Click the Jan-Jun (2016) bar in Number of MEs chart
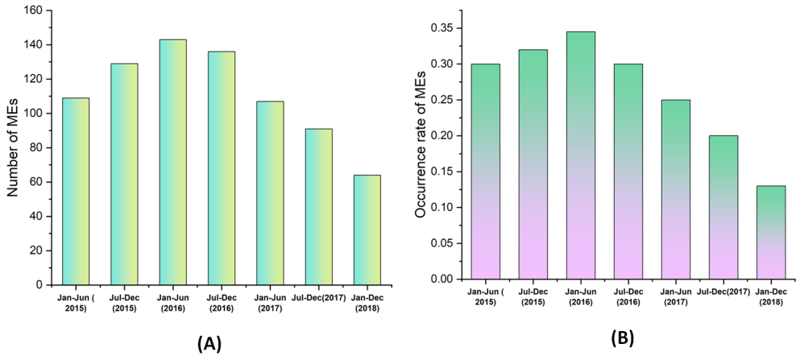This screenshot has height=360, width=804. tap(172, 162)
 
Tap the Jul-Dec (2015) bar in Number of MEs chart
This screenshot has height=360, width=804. tap(124, 174)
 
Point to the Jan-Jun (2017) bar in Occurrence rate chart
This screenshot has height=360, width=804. tap(675, 189)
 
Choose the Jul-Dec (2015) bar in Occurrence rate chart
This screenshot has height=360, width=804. tap(533, 164)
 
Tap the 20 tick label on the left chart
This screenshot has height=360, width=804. tap(38, 250)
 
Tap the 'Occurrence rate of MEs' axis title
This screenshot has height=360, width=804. tap(421, 153)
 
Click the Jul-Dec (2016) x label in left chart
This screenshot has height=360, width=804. tap(221, 303)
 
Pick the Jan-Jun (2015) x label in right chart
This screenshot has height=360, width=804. tap(485, 296)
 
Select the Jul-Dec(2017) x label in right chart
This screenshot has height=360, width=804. tap(723, 292)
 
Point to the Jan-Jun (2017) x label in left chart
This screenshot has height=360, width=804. tap(270, 303)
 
